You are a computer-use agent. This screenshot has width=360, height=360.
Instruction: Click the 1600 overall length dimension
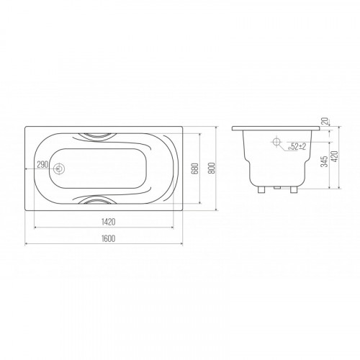pyautogui.click(x=108, y=238)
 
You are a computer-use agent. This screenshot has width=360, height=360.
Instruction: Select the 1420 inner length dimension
pyautogui.click(x=108, y=222)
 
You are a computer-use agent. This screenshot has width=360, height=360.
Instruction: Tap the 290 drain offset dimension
pyautogui.click(x=42, y=165)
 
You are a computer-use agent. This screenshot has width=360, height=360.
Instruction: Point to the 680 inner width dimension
pyautogui.click(x=195, y=168)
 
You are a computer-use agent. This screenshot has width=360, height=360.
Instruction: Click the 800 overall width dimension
pyautogui.click(x=212, y=168)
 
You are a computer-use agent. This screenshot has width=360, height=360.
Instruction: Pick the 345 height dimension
pyautogui.click(x=324, y=161)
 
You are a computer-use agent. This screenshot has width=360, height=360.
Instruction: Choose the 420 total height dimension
pyautogui.click(x=335, y=156)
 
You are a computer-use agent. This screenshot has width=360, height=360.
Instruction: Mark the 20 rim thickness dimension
pyautogui.click(x=325, y=121)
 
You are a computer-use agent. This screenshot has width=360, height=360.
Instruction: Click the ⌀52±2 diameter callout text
pyautogui.click(x=297, y=146)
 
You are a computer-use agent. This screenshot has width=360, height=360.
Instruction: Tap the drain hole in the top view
pyautogui.click(x=58, y=169)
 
